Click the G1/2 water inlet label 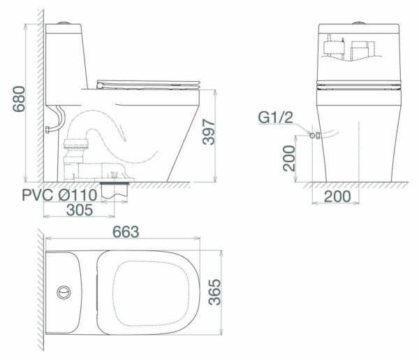(274, 118)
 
